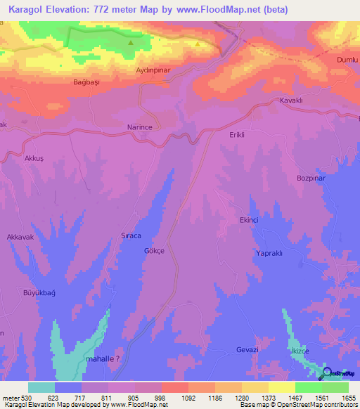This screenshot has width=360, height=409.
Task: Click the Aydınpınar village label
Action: (153, 71)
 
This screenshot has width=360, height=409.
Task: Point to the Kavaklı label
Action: (290, 100)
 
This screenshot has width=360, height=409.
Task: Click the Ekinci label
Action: (249, 220)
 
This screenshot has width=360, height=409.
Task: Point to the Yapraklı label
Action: (270, 253)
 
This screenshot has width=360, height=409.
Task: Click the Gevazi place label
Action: (247, 350)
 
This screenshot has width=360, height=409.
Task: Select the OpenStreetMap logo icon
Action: (328, 374)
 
